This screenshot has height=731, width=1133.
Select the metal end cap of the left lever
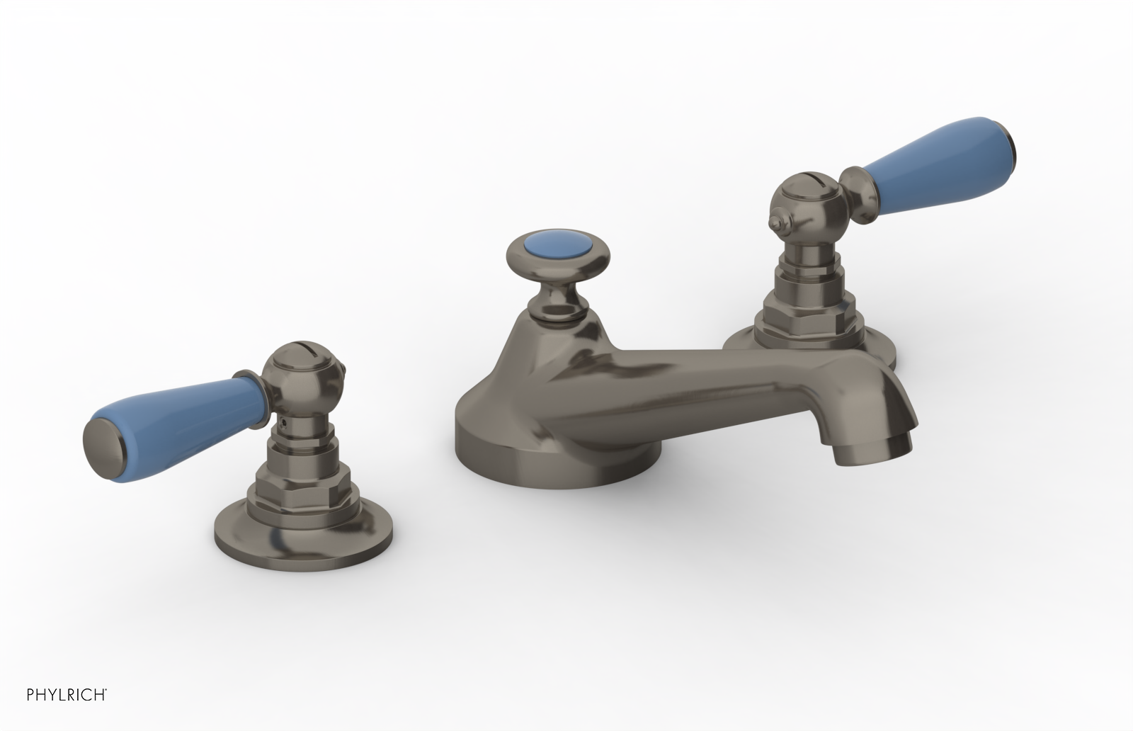[106, 435]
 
